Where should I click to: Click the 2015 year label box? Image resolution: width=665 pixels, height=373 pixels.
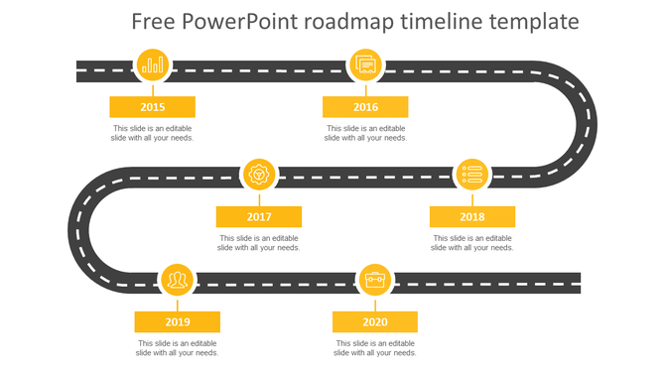[x=152, y=107]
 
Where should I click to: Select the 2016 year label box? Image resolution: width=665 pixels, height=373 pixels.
[x=365, y=107]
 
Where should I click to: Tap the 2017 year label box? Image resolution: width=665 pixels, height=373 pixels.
[x=259, y=217]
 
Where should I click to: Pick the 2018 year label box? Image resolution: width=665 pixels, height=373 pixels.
[x=472, y=217]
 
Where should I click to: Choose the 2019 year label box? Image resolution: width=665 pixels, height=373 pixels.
[x=178, y=322]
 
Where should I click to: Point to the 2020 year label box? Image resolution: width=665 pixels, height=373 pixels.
[x=375, y=322]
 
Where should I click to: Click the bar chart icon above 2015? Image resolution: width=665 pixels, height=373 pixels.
[x=153, y=65]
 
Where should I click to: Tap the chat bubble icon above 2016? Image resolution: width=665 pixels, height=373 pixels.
[x=366, y=65]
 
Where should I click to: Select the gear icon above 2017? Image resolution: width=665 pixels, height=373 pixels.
[x=260, y=176]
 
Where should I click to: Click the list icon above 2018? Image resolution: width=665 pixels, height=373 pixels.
[x=472, y=176]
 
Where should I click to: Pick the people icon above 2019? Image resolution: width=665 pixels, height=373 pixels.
[x=178, y=281]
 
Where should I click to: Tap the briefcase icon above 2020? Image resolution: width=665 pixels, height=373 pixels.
[x=375, y=281]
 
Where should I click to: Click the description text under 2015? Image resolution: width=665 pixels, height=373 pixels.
[x=152, y=133]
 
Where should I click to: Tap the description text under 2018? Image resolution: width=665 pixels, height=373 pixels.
[x=472, y=243]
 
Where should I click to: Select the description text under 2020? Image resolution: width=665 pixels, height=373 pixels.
[x=375, y=348]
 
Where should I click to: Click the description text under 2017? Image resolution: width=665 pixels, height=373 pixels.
[x=259, y=243]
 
